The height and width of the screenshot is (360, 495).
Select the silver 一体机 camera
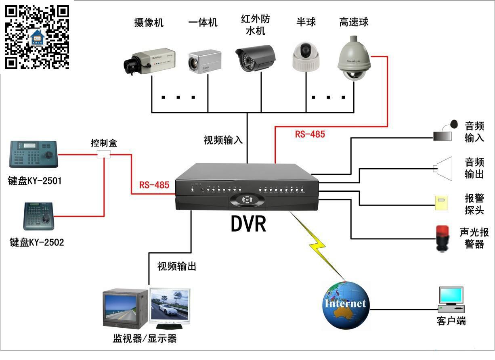pos(205,62)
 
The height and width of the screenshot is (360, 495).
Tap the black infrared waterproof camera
pos(255,58)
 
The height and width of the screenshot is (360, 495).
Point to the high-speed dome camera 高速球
pos(354,59)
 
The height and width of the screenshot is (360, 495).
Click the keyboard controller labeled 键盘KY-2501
pos(34,154)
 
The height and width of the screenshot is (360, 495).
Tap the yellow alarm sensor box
pos(441,203)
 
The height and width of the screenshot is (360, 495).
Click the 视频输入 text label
pos(223,140)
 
